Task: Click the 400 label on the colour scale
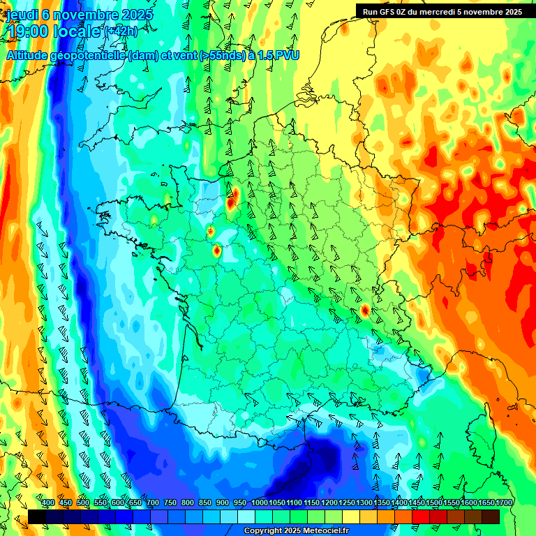click(48, 502)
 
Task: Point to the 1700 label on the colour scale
click(503, 502)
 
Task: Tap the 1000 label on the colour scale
click(260, 502)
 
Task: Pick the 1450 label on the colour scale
click(417, 502)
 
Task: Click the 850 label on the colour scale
click(205, 502)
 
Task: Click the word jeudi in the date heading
click(21, 15)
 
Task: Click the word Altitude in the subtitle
click(32, 55)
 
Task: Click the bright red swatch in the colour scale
click(421, 516)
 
